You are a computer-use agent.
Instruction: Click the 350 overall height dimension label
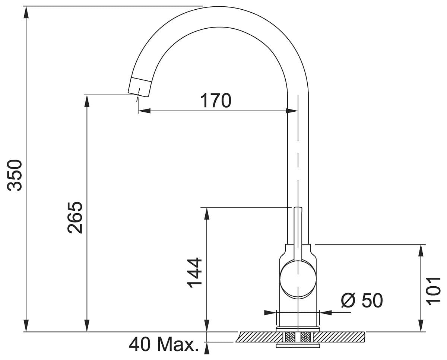coord(16,175)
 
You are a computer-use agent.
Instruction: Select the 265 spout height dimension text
coord(76,217)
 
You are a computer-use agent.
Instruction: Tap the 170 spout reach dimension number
coord(216,101)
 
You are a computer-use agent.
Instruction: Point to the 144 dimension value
coord(194,273)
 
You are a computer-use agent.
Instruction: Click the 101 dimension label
coord(434,291)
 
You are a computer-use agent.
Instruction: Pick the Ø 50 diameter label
coord(362,300)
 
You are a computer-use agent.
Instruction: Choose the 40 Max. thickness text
coord(164,345)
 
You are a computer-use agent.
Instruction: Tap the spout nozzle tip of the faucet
coord(139,86)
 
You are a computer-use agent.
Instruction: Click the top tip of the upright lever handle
coord(298,209)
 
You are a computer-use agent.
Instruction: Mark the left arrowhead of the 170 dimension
coord(144,111)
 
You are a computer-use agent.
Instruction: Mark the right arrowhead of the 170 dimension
coord(292,111)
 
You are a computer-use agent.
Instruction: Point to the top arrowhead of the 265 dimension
coord(87,101)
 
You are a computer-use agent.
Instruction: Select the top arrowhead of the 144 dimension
coord(207,213)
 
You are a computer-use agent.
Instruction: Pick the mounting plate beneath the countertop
coord(298,346)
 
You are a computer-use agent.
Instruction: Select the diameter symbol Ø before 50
coord(348,300)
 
